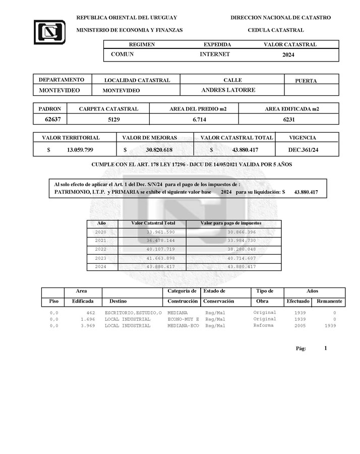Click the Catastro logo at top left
(x=49, y=32)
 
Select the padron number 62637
(x=49, y=120)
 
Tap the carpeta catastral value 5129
(x=114, y=120)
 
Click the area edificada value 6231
(x=288, y=120)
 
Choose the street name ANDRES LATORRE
(x=228, y=90)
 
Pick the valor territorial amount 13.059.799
(x=80, y=150)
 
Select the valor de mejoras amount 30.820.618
(x=159, y=150)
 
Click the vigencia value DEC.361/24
(x=303, y=150)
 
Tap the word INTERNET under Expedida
(x=215, y=54)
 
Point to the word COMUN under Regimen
(x=122, y=54)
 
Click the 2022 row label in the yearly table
(x=101, y=249)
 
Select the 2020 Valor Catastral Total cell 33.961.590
(x=160, y=232)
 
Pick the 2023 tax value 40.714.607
(x=242, y=258)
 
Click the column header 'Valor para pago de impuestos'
(x=231, y=223)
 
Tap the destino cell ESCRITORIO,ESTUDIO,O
(x=133, y=313)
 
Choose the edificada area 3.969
(x=88, y=326)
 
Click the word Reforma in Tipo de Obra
(x=264, y=325)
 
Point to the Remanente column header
(x=329, y=301)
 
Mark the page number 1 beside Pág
(x=326, y=348)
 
